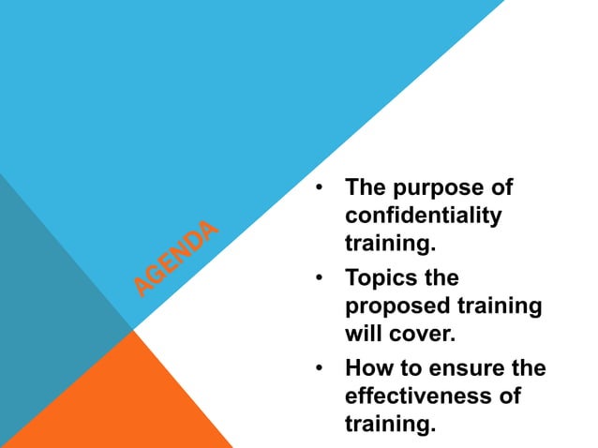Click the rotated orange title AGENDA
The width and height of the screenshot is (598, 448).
click(176, 257)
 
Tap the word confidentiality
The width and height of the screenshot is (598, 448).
click(424, 215)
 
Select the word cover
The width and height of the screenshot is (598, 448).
click(421, 333)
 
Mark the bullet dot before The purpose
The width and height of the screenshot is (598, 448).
click(321, 187)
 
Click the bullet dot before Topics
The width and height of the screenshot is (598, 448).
click(321, 278)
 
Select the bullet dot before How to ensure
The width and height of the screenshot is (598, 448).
click(321, 368)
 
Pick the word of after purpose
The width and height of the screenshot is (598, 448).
click(502, 187)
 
